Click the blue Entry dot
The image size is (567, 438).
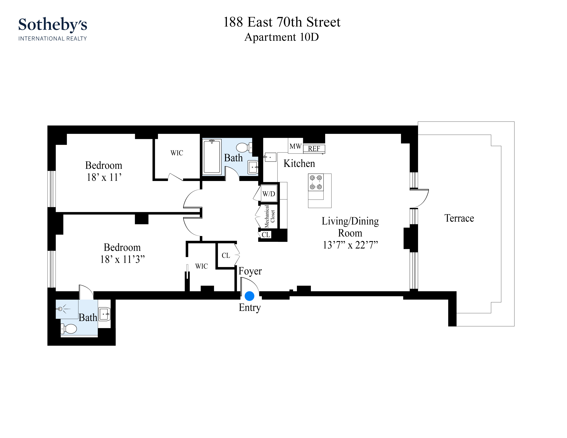(x=249, y=296)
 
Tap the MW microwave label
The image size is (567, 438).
(x=296, y=146)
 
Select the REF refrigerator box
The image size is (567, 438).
(x=314, y=149)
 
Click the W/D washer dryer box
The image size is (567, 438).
(x=269, y=194)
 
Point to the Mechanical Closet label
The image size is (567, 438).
(x=269, y=216)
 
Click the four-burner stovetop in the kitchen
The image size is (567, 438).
(x=316, y=182)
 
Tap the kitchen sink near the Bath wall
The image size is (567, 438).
(x=270, y=157)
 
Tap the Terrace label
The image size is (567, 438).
(x=459, y=218)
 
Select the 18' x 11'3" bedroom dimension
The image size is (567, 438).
(x=122, y=259)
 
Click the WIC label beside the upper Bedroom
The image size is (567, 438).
(x=176, y=153)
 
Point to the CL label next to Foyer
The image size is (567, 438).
(x=226, y=256)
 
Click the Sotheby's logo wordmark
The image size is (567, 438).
(x=53, y=25)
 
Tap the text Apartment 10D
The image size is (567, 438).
(x=281, y=37)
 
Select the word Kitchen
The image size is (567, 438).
(x=299, y=163)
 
